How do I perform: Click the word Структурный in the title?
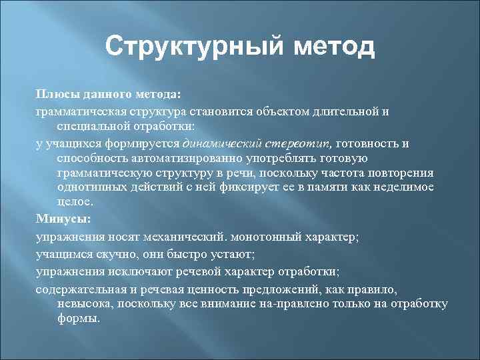191,47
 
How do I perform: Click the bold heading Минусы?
63,218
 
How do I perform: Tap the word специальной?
90,125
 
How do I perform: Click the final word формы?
79,318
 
